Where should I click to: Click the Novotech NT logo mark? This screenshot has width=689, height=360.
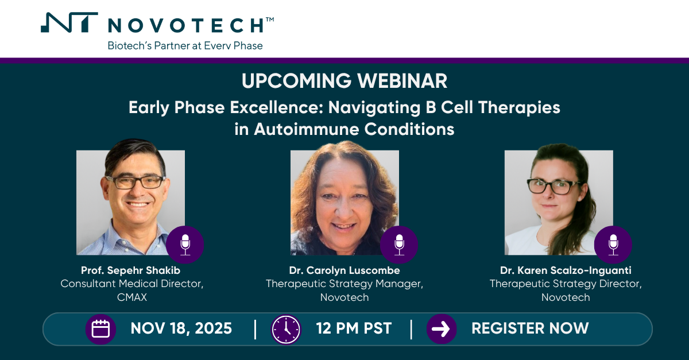tap(69, 22)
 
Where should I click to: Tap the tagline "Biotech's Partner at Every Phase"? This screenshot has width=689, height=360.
tap(185, 45)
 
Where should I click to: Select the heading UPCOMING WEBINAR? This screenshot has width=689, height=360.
tap(344, 81)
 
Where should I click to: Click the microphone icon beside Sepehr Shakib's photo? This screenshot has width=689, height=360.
tap(185, 245)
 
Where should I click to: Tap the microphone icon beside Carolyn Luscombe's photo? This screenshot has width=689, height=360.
tap(399, 245)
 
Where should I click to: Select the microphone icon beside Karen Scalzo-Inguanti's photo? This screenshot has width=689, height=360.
tap(613, 245)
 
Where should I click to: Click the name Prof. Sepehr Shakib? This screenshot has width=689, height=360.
tap(131, 270)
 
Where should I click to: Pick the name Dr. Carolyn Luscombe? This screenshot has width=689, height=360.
tap(344, 270)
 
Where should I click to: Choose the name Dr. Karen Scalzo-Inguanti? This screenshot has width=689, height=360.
tap(566, 270)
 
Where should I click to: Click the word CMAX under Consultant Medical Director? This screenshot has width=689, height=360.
tap(132, 297)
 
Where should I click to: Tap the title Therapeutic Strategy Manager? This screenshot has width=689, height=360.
tap(344, 284)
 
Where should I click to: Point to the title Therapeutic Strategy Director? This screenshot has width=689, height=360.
tap(566, 284)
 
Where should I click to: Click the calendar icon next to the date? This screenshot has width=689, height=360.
tap(100, 329)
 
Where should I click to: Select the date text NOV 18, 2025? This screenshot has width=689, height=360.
tap(181, 328)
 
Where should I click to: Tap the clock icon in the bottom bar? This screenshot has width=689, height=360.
tap(286, 329)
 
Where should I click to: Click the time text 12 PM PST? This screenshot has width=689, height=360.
tap(354, 328)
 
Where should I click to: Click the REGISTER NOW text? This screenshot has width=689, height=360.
tap(530, 328)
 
